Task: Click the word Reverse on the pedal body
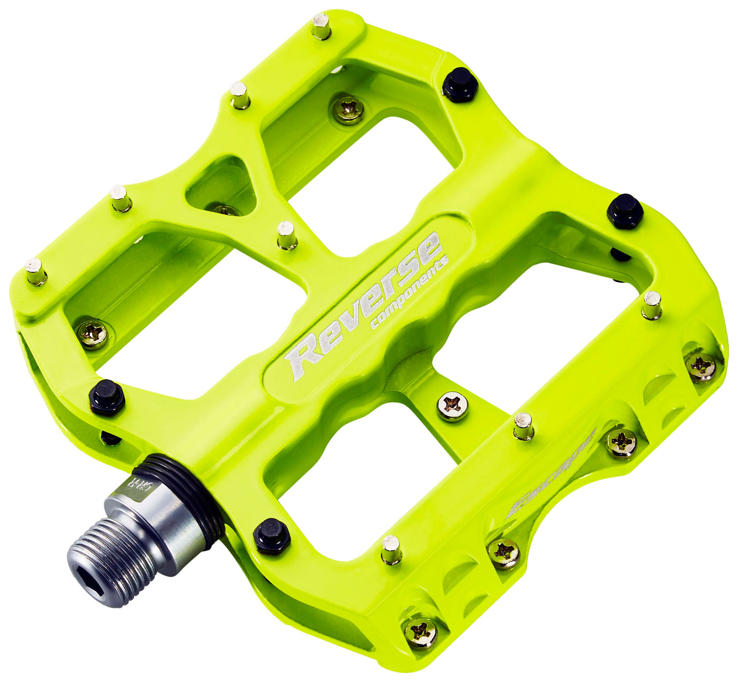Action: pyautogui.click(x=362, y=307)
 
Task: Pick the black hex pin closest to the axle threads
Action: pyautogui.click(x=271, y=535)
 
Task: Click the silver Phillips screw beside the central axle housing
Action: pyautogui.click(x=453, y=406)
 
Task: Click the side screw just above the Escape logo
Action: pyautogui.click(x=621, y=442)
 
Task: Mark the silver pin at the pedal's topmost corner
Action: pyautogui.click(x=321, y=26)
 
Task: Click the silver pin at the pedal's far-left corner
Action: pyautogui.click(x=36, y=271)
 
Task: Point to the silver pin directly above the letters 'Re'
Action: pyautogui.click(x=287, y=235)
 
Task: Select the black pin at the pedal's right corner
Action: pyautogui.click(x=625, y=211)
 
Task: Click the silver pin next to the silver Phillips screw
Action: pyautogui.click(x=523, y=426)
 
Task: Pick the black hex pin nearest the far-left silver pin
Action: pyautogui.click(x=107, y=397)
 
